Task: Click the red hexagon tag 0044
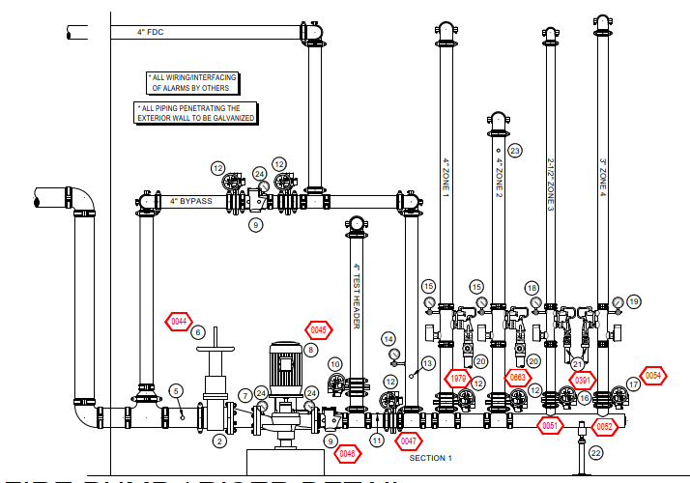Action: pos(179,322)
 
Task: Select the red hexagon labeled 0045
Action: pos(319,329)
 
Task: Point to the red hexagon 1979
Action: pos(458,377)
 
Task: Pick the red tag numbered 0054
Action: pos(654,376)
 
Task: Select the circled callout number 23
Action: pos(514,151)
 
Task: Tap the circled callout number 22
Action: pos(596,452)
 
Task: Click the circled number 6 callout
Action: pos(198,332)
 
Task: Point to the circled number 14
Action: pos(388,339)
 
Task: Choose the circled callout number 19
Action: pos(634,301)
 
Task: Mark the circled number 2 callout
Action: pos(219,441)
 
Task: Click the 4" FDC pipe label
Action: pos(150,32)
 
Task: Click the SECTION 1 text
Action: pos(430,457)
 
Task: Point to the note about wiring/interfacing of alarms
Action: pos(193,82)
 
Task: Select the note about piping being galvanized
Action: pos(196,113)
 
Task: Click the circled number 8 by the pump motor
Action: pos(310,350)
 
